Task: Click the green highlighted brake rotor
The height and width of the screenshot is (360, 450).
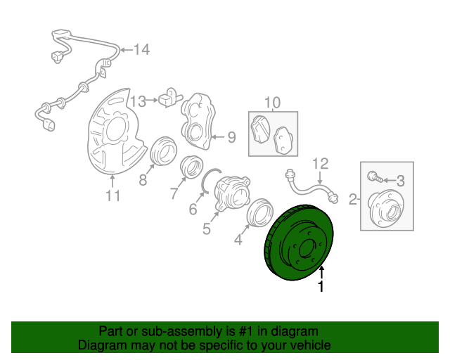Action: (x=298, y=243)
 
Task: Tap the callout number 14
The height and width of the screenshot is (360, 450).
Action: (x=142, y=50)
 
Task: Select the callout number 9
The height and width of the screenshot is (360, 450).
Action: (x=231, y=137)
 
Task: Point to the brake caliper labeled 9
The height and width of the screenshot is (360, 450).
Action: (x=198, y=120)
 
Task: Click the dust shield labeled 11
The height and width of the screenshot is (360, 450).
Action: (x=115, y=132)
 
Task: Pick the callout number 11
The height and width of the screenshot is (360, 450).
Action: (x=112, y=195)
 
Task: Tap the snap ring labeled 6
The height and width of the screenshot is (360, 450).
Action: (x=211, y=180)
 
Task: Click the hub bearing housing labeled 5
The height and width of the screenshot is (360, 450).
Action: (x=232, y=194)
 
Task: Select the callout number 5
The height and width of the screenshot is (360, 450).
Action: (x=206, y=229)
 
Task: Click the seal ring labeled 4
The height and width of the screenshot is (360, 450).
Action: (x=259, y=212)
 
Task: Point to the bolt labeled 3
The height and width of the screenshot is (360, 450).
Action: (x=375, y=176)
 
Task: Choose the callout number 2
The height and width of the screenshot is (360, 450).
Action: (x=353, y=199)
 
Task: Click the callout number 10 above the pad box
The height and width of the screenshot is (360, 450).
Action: (x=272, y=103)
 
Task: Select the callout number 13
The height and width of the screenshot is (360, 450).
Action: (x=139, y=101)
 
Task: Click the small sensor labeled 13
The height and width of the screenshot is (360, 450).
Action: (x=170, y=98)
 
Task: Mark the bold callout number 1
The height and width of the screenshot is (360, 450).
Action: (x=321, y=287)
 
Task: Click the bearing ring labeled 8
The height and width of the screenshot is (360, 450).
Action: (x=164, y=151)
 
